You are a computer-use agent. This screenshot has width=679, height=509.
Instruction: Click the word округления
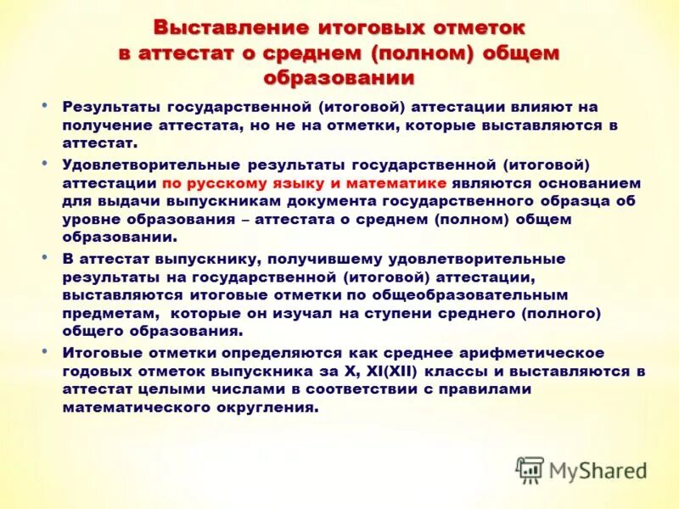point(273,406)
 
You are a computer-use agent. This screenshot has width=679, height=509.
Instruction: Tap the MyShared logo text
point(598,470)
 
